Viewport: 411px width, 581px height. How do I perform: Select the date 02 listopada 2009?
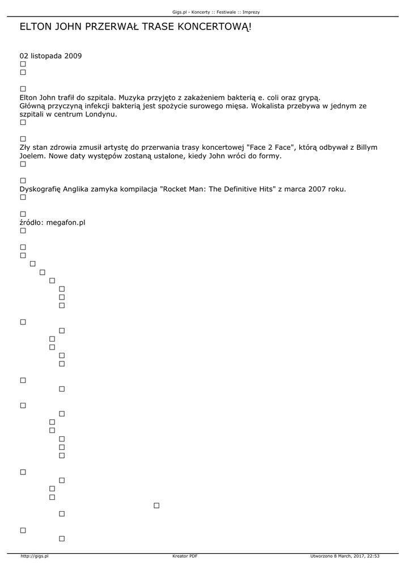50,56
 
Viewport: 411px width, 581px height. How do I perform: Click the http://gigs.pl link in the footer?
35,557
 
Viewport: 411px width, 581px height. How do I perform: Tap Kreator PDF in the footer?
185,557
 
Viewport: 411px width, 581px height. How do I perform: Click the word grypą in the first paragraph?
309,98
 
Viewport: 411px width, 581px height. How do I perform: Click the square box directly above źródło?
23,214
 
